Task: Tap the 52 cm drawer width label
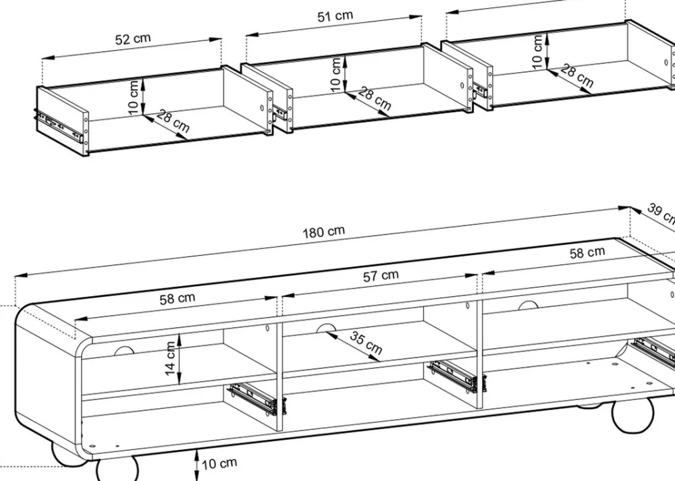(133, 38)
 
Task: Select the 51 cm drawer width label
(335, 17)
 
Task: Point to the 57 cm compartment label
(381, 276)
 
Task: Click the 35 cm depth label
(365, 343)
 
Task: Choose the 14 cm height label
(170, 357)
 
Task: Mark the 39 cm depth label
(661, 213)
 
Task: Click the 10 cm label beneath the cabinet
(219, 463)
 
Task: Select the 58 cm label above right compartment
(587, 253)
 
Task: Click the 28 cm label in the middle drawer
(374, 98)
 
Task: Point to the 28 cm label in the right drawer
(576, 76)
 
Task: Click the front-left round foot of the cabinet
(117, 469)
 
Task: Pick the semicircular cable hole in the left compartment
(124, 351)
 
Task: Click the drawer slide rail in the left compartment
(253, 398)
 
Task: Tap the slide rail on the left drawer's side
(59, 126)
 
